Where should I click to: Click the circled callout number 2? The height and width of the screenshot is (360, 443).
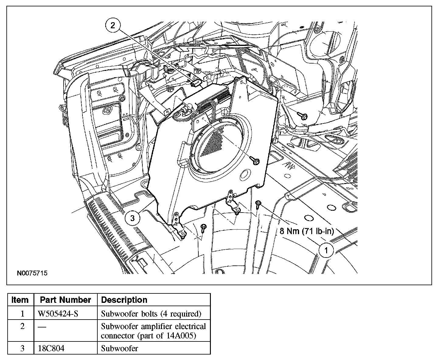coord(113,26)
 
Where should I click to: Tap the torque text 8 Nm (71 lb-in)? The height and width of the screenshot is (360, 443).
coord(307,231)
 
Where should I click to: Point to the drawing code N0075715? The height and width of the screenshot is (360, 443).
coord(32,273)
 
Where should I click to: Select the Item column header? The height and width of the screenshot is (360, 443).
coord(20,300)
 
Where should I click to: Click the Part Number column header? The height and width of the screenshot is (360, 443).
coord(65,300)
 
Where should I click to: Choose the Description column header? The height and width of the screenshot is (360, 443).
coord(124,300)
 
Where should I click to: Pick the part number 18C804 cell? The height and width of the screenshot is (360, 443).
coord(51,348)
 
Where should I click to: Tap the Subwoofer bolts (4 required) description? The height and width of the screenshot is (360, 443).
coord(151,313)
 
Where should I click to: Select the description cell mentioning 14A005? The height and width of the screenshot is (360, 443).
coord(153,331)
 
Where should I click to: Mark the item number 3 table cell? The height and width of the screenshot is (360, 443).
coord(22,348)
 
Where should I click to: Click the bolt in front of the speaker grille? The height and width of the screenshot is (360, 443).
coord(255,161)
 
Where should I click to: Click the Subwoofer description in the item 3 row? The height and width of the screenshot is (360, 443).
coord(119,348)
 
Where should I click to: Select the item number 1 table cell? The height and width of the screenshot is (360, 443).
coord(22,313)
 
